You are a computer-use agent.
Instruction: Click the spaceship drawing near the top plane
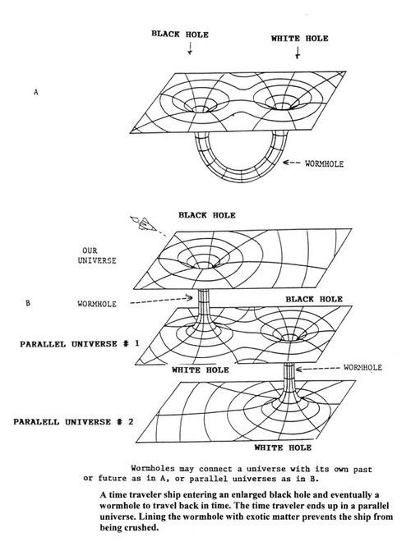(x=142, y=223)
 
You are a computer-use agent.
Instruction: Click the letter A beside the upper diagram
(x=36, y=92)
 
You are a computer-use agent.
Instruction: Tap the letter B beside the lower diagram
(x=28, y=303)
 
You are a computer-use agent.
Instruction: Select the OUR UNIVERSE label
(x=97, y=255)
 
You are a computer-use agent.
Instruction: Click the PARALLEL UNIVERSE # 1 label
(x=80, y=344)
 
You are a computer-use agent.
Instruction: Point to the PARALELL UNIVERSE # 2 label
(x=73, y=422)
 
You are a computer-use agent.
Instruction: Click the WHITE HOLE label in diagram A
(x=299, y=39)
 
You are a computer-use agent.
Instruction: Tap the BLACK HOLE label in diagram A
(x=180, y=34)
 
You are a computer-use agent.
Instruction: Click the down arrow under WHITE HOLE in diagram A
(x=298, y=53)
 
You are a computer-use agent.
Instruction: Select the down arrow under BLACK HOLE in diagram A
(x=190, y=48)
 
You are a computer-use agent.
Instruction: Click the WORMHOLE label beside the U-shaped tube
(x=324, y=163)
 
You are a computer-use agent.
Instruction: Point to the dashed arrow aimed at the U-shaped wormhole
(x=291, y=162)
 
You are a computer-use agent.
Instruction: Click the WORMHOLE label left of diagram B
(x=97, y=304)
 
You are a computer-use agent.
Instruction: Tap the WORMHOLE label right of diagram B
(x=363, y=367)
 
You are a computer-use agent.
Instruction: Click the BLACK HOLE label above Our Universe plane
(x=207, y=215)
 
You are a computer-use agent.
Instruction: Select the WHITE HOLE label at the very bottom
(x=283, y=448)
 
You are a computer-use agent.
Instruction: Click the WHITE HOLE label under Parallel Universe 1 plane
(x=201, y=370)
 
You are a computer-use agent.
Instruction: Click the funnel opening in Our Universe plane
(x=205, y=264)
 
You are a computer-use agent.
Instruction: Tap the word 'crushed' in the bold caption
(x=144, y=528)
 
